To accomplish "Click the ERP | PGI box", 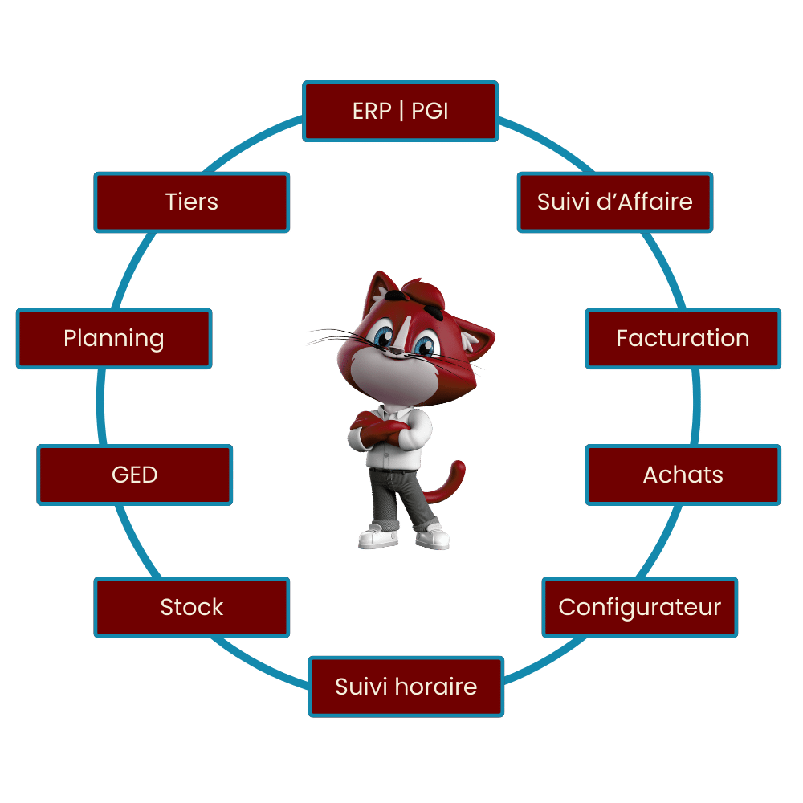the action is pos(400,111).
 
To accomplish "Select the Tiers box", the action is pos(192,202).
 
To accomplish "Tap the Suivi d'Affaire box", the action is pos(615,202).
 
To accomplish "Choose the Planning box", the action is pos(114,339).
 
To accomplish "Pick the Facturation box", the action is pos(683,339).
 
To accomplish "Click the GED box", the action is pos(135,475).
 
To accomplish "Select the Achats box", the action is pos(683,475).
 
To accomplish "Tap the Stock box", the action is pos(192,607).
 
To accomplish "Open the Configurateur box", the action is pos(640,607).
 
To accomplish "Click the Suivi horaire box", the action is pos(406,687).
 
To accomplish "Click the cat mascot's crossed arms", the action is pos(380,428).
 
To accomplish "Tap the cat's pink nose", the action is pos(396,351).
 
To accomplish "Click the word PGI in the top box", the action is pos(430,111).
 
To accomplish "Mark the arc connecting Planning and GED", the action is pos(101,407).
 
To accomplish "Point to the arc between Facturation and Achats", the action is pos(696,407).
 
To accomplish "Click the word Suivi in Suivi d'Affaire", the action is pos(564,202).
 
